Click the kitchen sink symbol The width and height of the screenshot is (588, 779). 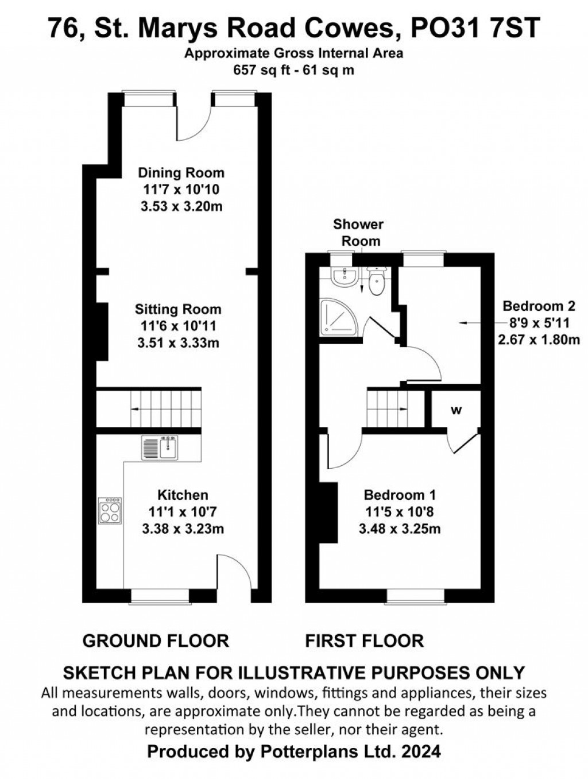click(x=161, y=448)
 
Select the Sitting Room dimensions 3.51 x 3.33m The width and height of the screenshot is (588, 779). click(x=178, y=343)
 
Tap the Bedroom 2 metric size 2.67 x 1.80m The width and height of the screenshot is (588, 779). click(x=539, y=340)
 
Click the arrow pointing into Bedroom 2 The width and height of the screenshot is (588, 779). click(x=474, y=323)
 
